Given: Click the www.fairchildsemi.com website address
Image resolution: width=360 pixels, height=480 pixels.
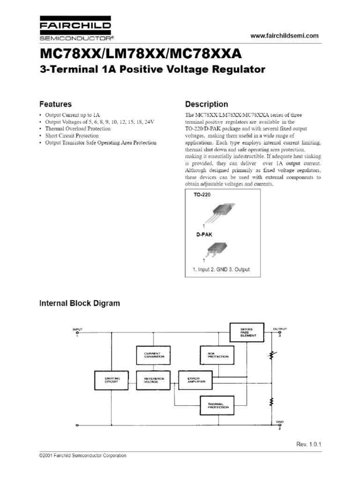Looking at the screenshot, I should (x=278, y=36).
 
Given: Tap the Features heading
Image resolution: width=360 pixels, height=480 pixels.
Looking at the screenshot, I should (x=55, y=104).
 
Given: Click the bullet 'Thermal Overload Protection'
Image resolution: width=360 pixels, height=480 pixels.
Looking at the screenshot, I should (x=78, y=128).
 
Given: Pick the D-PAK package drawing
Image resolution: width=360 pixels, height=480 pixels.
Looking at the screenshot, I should (x=216, y=248).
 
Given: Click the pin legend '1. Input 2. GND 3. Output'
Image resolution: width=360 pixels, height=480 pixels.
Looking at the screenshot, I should (x=221, y=270).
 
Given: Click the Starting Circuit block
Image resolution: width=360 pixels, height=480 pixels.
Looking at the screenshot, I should (x=112, y=380).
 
